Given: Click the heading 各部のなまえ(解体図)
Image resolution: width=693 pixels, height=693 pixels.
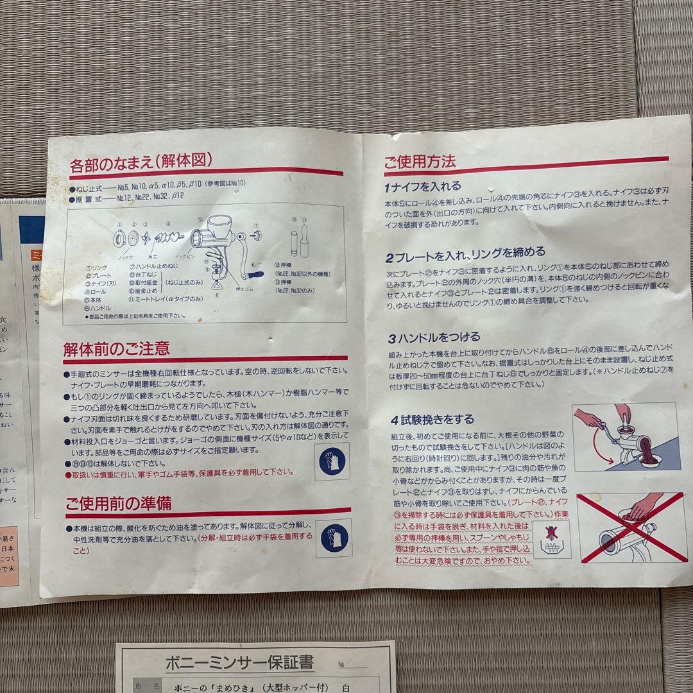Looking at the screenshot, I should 141,160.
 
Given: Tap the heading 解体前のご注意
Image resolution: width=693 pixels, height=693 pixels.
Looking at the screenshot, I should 116,348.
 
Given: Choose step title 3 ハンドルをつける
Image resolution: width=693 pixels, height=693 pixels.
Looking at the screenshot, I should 432,337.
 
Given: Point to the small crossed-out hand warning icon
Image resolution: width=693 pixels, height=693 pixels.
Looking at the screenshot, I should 551,536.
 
